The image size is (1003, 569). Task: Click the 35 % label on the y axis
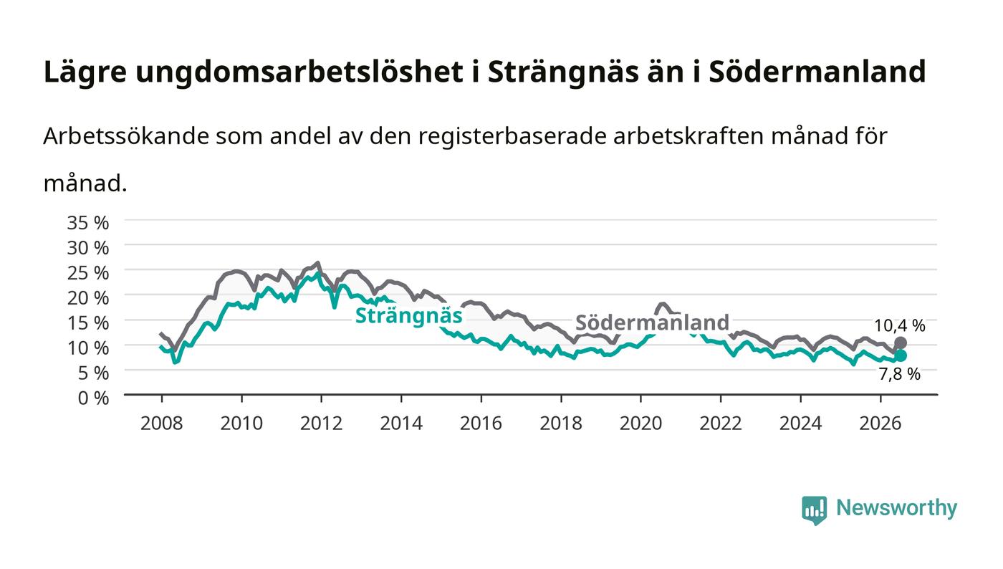coord(88,223)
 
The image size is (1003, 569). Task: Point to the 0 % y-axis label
coord(94,398)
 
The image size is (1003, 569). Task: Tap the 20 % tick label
coord(88,298)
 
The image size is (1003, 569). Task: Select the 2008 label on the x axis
coord(162,424)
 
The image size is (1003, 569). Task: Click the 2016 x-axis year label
coord(481,424)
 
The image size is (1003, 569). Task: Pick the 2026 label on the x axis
coord(880,424)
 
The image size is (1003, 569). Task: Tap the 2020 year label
coord(640,424)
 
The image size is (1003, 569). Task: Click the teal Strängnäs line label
coord(408,316)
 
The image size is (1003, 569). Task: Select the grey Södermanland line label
coord(653,322)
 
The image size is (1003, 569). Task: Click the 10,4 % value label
coord(900,326)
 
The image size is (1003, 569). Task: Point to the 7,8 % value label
coord(900,374)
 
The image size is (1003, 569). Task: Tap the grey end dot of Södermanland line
coord(901,343)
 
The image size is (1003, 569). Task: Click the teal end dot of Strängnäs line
coord(901,355)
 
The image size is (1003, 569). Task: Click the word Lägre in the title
coord(85,72)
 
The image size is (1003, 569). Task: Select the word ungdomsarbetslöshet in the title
coord(299,72)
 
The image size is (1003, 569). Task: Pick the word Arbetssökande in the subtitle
coord(126,136)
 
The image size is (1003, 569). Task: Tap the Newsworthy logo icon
coord(815,510)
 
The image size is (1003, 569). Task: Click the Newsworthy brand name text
coord(897,508)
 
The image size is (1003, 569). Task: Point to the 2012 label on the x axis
coord(321,424)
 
